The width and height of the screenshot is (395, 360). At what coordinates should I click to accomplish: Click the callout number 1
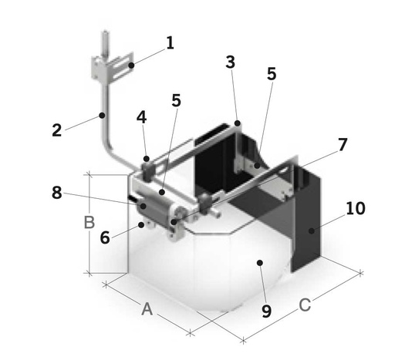[170, 43]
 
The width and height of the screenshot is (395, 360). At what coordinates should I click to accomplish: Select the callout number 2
[57, 130]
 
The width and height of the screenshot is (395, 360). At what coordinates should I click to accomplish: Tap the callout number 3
[231, 62]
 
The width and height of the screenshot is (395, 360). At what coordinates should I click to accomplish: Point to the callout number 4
[141, 118]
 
